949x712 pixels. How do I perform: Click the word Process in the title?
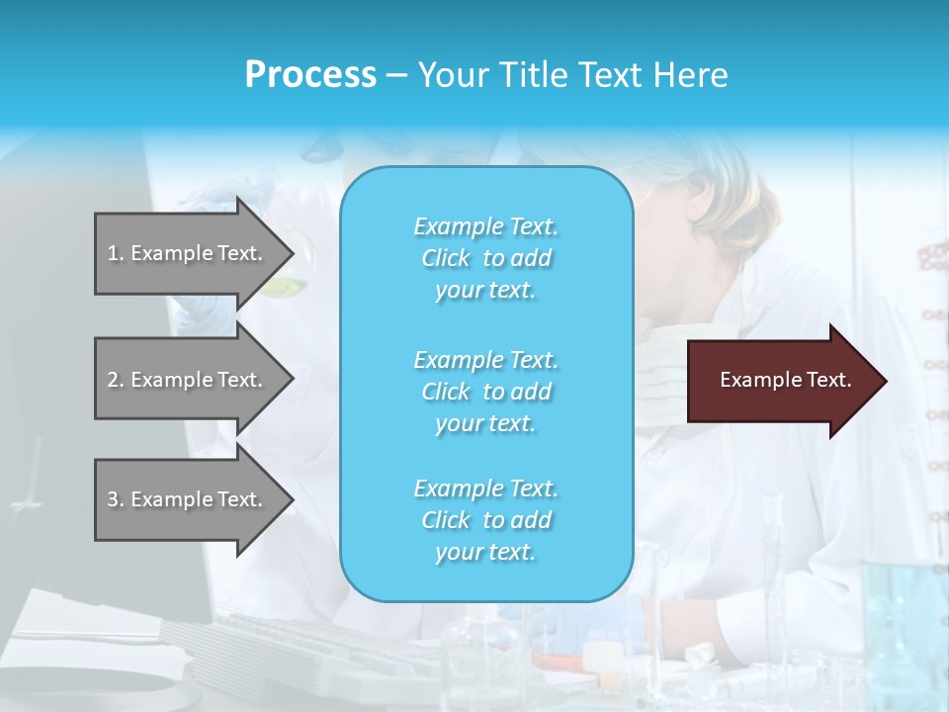(310, 75)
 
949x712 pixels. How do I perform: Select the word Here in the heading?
(690, 75)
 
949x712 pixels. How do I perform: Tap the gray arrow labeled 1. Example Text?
(188, 253)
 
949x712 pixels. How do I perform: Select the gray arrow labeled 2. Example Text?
(188, 380)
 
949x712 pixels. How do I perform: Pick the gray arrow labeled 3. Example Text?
(188, 499)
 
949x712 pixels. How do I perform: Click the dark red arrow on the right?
(781, 381)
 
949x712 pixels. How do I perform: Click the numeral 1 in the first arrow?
(113, 253)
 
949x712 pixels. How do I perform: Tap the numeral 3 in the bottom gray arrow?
(113, 499)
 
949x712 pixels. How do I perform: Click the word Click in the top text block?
(446, 258)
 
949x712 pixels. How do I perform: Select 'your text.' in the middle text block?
(485, 423)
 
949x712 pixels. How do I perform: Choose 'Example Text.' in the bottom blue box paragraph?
(485, 489)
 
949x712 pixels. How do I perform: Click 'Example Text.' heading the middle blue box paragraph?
(485, 359)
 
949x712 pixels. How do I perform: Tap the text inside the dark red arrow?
(786, 380)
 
